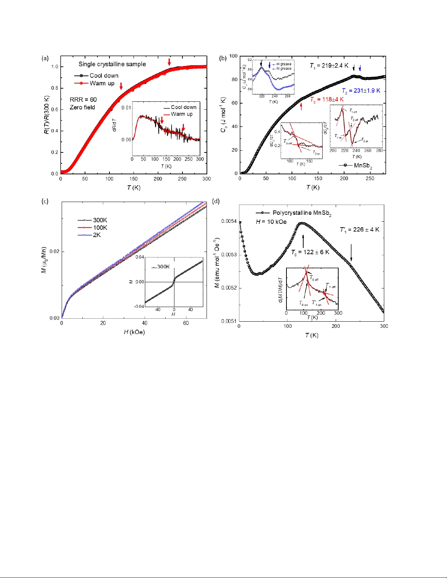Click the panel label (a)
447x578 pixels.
[45, 58]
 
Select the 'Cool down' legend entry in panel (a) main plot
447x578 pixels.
[97, 75]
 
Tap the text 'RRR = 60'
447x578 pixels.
[83, 100]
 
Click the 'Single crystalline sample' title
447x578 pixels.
[112, 64]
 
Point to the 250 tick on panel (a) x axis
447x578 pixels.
[182, 179]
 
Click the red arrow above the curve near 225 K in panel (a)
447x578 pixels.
[169, 62]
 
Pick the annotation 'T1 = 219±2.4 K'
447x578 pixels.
[329, 66]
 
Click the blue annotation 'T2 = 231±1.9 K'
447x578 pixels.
[361, 91]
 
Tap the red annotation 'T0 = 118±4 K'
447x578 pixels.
[327, 100]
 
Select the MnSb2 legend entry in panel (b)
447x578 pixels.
[355, 166]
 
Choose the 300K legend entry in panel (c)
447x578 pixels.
[93, 220]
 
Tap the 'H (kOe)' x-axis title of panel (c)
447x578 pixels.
[134, 332]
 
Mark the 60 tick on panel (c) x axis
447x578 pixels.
[186, 323]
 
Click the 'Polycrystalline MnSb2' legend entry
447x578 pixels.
[294, 213]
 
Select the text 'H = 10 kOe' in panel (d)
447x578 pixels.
[271, 222]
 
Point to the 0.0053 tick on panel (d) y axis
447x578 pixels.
[229, 255]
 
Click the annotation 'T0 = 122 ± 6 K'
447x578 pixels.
[310, 252]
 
